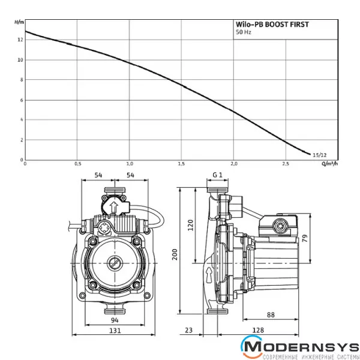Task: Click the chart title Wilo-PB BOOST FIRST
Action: (272, 25)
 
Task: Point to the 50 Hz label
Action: (244, 32)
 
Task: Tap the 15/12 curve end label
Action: (320, 155)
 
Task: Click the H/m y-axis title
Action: (19, 22)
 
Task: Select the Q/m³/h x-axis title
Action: (330, 164)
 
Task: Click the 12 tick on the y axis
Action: (20, 40)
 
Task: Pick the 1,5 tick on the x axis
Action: (181, 164)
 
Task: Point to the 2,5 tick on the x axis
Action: (286, 164)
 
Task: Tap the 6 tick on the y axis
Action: (22, 100)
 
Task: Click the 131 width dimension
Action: (115, 331)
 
